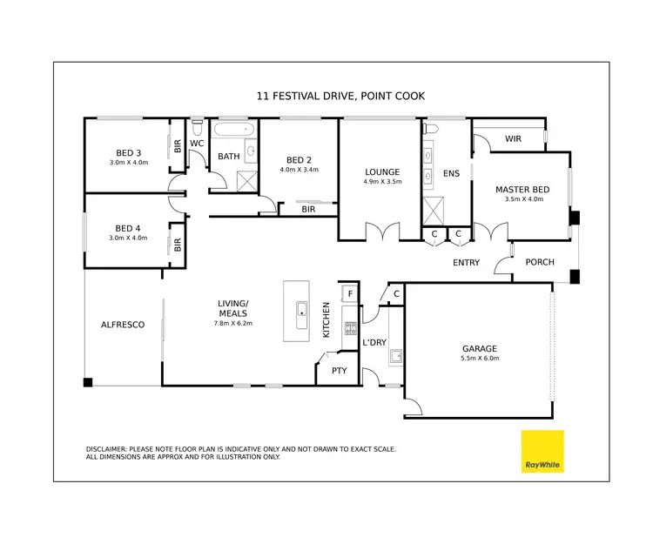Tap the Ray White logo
(x=542, y=452)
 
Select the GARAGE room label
(x=479, y=348)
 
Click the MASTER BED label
(x=522, y=189)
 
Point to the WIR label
(x=513, y=139)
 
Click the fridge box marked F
(x=349, y=294)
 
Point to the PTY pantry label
(x=339, y=370)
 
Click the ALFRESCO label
(x=123, y=324)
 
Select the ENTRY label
(x=467, y=262)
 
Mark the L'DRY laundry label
(x=374, y=342)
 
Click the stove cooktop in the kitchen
(x=350, y=328)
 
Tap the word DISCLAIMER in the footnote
(x=107, y=449)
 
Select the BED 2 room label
(x=299, y=160)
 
